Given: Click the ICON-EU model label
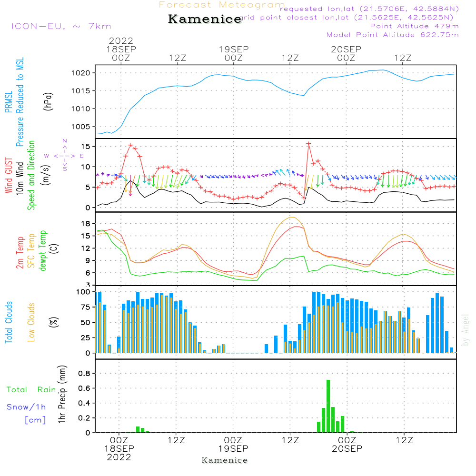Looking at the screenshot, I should pyautogui.click(x=61, y=26).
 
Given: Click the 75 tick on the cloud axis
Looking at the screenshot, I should pyautogui.click(x=84, y=307).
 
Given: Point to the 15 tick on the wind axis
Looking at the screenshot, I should pyautogui.click(x=86, y=146).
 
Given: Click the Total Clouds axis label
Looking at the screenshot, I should pyautogui.click(x=9, y=322).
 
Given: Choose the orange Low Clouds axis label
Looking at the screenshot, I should pyautogui.click(x=31, y=322).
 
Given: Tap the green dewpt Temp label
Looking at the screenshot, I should pyautogui.click(x=43, y=251).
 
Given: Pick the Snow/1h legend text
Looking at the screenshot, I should pyautogui.click(x=26, y=407).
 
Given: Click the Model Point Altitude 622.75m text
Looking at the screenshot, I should pyautogui.click(x=392, y=35).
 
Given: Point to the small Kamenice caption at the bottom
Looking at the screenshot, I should pyautogui.click(x=225, y=460).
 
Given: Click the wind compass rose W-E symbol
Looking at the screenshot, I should pyautogui.click(x=64, y=155).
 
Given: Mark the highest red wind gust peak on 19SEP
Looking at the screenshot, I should pyautogui.click(x=309, y=143).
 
